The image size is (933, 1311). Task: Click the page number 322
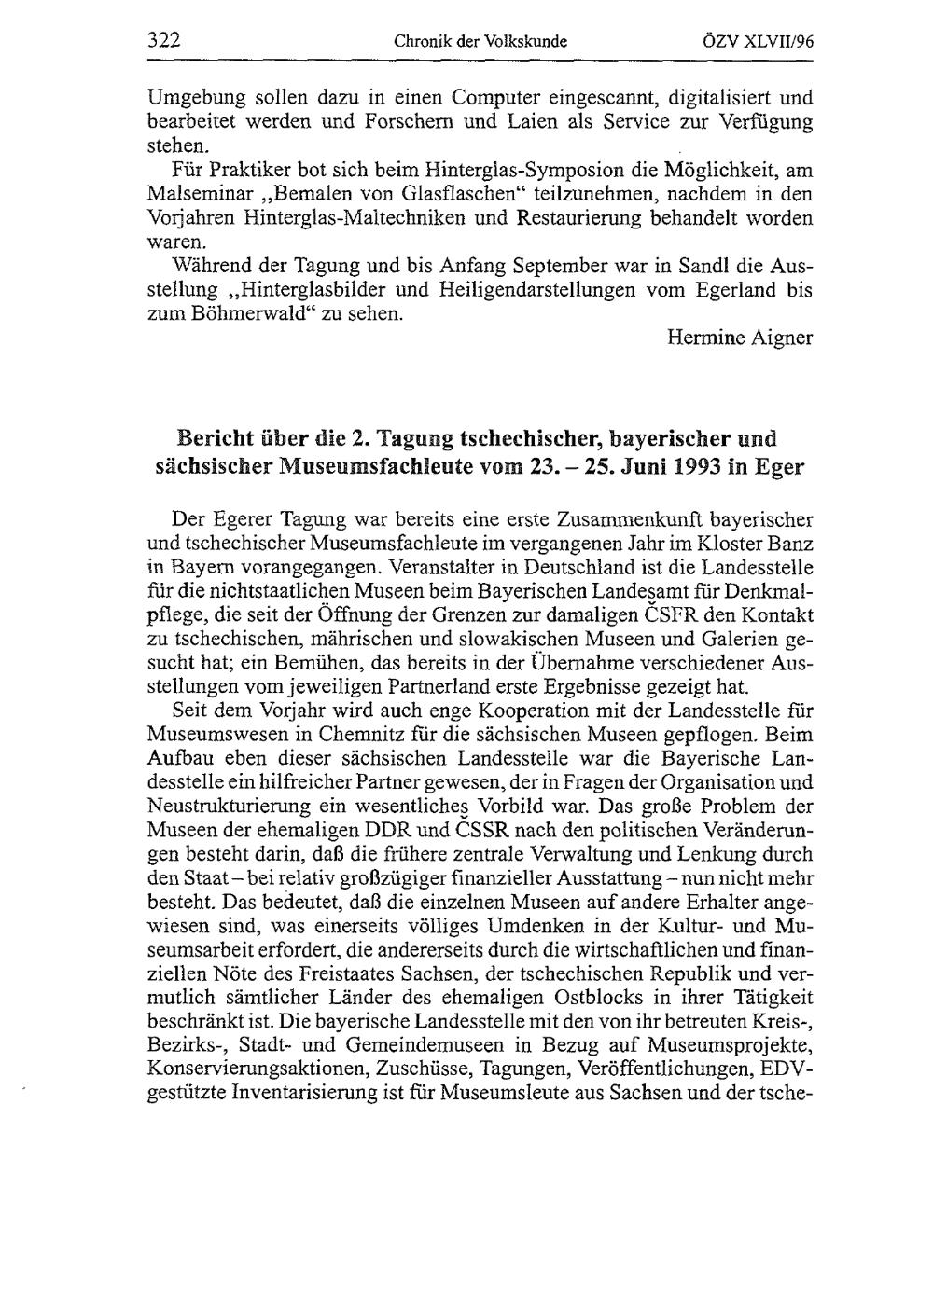(164, 40)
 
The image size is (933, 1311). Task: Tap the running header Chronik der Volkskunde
(481, 41)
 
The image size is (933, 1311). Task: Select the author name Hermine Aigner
(740, 339)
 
